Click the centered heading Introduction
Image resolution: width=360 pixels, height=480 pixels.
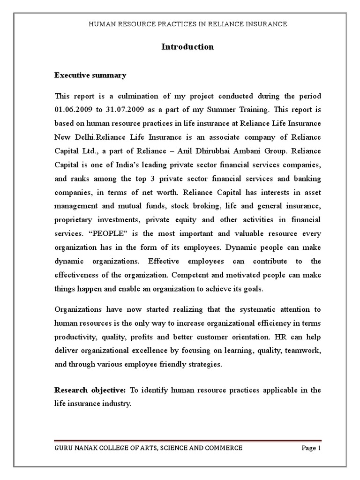(x=187, y=47)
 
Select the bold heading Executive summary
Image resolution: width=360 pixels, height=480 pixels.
(x=90, y=75)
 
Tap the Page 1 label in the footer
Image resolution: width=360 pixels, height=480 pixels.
(x=311, y=448)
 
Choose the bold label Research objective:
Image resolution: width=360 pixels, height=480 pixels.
(x=90, y=390)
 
